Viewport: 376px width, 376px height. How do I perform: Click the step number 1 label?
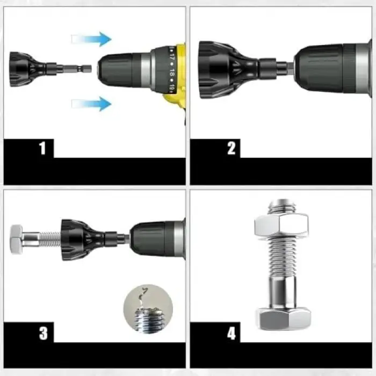[x=42, y=148]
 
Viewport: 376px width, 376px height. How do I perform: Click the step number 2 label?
[x=232, y=148]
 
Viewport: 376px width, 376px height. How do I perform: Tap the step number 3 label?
[x=44, y=333]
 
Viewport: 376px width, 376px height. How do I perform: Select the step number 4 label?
[x=232, y=333]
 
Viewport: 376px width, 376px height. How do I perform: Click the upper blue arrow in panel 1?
[x=91, y=39]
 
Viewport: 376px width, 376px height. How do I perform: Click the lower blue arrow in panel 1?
[x=91, y=104]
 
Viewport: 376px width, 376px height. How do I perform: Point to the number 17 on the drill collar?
[x=172, y=57]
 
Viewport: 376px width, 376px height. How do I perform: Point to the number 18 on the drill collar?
[x=172, y=73]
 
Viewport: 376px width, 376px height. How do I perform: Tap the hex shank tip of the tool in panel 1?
[x=87, y=69]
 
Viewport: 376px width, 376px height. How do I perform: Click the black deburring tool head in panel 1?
[x=27, y=69]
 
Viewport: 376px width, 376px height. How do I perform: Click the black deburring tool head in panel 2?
[x=228, y=69]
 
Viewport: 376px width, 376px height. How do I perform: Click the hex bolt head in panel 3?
[x=16, y=240]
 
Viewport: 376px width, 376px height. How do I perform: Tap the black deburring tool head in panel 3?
[x=82, y=240]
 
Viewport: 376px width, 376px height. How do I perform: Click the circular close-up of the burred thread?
[x=148, y=309]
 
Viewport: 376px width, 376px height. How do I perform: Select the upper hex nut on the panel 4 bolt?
[x=281, y=225]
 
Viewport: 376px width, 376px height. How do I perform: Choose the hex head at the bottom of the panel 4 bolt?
[x=283, y=319]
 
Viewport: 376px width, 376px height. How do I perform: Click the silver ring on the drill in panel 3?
[x=178, y=240]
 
